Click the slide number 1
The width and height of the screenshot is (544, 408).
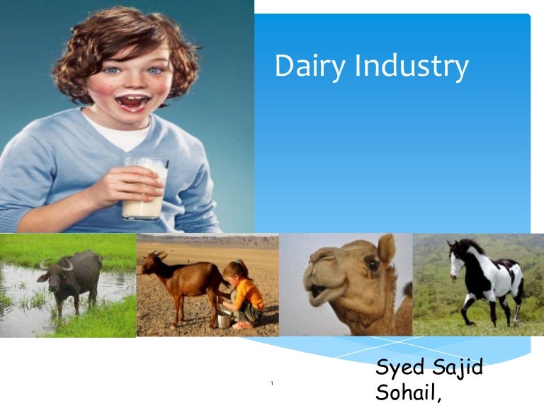[x=272, y=384]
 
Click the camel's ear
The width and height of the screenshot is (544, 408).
[x=386, y=249]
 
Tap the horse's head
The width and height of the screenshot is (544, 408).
[x=456, y=256]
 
